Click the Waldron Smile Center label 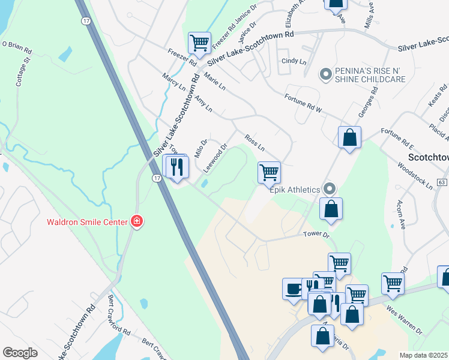click(86, 222)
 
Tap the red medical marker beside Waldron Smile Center click(137, 222)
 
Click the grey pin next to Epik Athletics click(329, 189)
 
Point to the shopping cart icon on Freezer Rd click(199, 43)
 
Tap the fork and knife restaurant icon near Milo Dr click(177, 166)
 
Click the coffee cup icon click(294, 289)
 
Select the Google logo click(20, 353)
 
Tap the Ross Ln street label click(255, 142)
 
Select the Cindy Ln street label click(294, 61)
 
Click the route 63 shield click(442, 182)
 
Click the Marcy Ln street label click(174, 82)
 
